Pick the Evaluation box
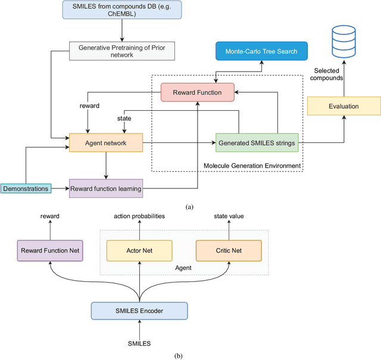pos(343,105)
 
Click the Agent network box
pos(106,143)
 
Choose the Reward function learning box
pos(106,188)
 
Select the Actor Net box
pos(139,250)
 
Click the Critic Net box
pos(228,250)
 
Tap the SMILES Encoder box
pos(139,311)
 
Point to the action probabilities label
pos(139,216)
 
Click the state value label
pos(228,216)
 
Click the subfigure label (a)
pos(190,207)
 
